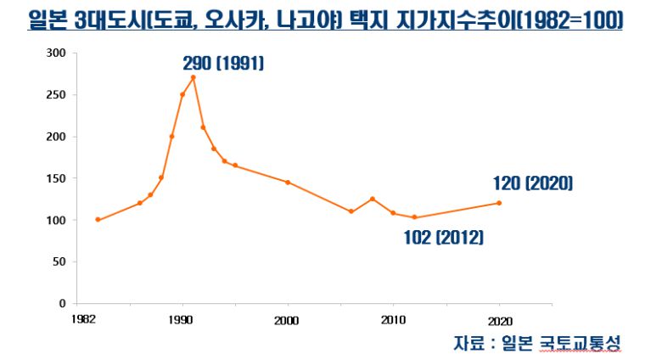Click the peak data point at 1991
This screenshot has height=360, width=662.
click(194, 77)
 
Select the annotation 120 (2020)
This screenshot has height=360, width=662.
click(533, 183)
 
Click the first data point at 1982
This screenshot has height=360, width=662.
click(98, 220)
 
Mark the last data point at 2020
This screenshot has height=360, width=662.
click(499, 203)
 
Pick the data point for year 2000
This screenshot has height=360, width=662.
click(288, 183)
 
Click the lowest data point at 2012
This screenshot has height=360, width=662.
click(414, 217)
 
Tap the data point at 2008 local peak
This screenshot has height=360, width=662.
click(372, 199)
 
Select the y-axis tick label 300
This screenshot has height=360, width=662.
click(56, 53)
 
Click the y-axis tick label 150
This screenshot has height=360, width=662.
click(56, 178)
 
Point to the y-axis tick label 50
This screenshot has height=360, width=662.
click(59, 262)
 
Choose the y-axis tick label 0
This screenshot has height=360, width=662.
click(63, 303)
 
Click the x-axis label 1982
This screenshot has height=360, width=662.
click(81, 319)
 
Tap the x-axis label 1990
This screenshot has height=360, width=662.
click(182, 319)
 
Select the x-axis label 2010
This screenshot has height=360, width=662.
click(393, 319)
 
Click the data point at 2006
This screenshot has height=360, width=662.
click(351, 211)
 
